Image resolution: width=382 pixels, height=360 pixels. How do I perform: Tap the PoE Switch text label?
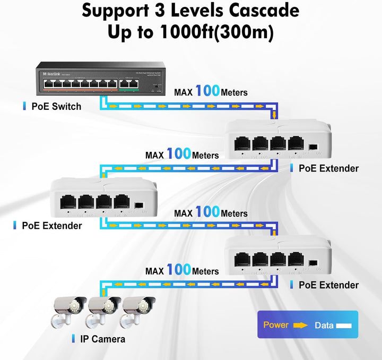point(56,106)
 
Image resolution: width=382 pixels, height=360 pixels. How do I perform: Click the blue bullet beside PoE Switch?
point(24,106)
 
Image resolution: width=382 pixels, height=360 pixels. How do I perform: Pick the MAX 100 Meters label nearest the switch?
point(211,91)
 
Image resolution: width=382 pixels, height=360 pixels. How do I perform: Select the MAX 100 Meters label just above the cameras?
point(182,270)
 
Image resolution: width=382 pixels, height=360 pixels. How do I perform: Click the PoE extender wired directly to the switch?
point(278,141)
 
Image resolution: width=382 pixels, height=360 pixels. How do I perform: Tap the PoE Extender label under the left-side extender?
point(51,226)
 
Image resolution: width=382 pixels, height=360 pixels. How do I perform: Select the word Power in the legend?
point(276,325)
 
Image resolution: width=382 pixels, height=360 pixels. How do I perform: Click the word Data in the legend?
point(324,325)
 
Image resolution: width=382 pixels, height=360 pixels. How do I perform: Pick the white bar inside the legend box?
point(343,325)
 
